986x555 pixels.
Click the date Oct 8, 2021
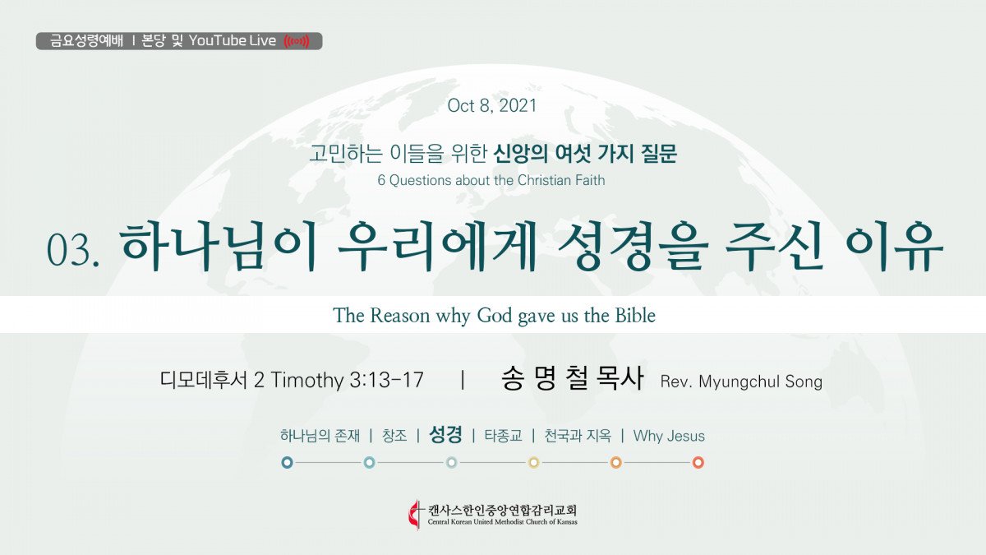(x=492, y=106)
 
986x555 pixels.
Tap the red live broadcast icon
(x=297, y=41)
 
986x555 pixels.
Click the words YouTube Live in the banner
(x=233, y=41)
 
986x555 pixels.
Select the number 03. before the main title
(x=73, y=250)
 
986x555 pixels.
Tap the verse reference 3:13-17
(x=386, y=380)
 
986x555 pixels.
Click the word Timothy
(x=306, y=380)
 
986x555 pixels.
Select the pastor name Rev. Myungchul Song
(x=741, y=382)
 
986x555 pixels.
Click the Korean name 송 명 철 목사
(x=572, y=378)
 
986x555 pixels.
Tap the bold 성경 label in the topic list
(x=445, y=435)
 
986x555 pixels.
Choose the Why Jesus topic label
(x=669, y=436)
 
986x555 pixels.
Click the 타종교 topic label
(x=503, y=436)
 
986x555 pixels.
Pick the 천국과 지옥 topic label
(x=578, y=436)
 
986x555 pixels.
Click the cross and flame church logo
(x=414, y=514)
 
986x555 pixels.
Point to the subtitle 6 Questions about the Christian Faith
(x=491, y=180)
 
